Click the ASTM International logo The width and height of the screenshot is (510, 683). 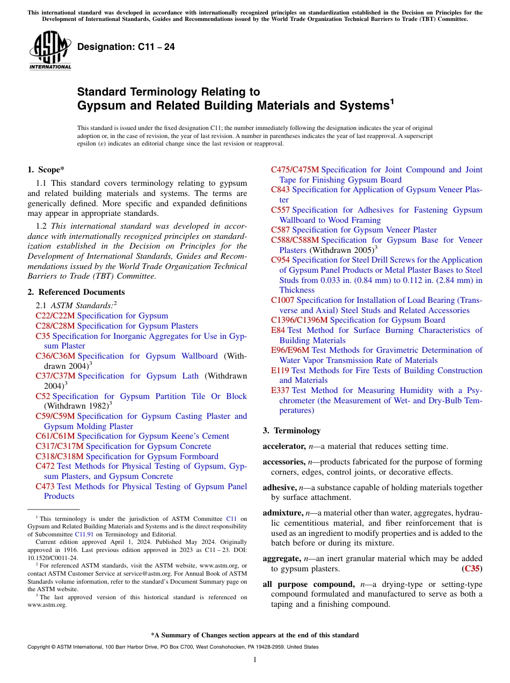50,52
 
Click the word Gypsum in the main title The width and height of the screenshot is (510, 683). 105,106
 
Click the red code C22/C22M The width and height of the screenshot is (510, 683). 55,316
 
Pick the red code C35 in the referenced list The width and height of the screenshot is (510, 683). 42,336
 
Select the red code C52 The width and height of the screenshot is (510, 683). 43,396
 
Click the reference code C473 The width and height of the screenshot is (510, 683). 45,486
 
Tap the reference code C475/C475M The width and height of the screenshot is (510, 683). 295,170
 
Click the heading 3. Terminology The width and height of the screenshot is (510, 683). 291,431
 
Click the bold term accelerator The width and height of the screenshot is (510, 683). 283,446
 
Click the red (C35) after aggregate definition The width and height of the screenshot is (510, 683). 472,569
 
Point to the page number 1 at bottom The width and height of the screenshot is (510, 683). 255,660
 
